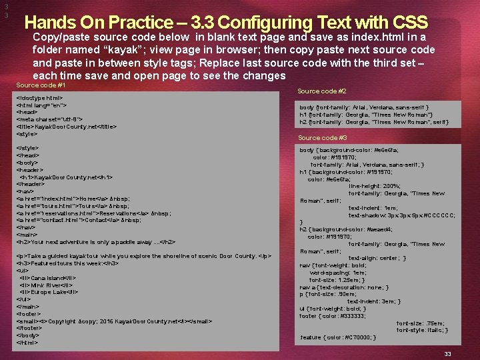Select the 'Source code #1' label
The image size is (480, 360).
[x=41, y=85]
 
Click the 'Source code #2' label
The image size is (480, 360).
[x=322, y=91]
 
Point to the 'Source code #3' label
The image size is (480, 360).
[x=323, y=137]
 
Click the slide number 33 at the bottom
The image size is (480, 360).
[x=448, y=353]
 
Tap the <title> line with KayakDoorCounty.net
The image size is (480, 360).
[x=66, y=127]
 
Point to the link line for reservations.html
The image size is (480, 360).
[x=93, y=213]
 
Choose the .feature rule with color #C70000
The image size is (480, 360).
[x=338, y=337]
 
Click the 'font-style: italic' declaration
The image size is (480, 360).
[x=421, y=330]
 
